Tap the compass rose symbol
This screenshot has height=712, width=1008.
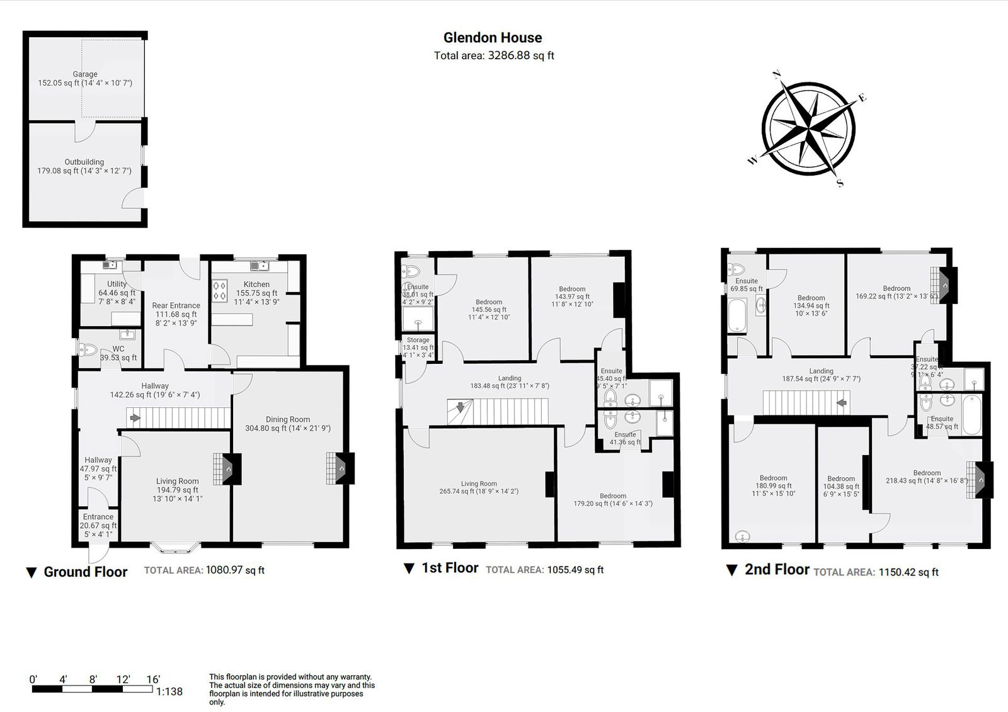808,127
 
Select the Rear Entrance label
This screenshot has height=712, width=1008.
176,305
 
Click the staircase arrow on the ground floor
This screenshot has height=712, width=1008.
134,417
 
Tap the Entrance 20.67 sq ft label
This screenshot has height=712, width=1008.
98,521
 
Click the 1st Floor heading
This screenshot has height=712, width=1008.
449,568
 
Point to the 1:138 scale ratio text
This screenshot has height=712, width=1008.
169,691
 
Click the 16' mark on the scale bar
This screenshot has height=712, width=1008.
152,680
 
